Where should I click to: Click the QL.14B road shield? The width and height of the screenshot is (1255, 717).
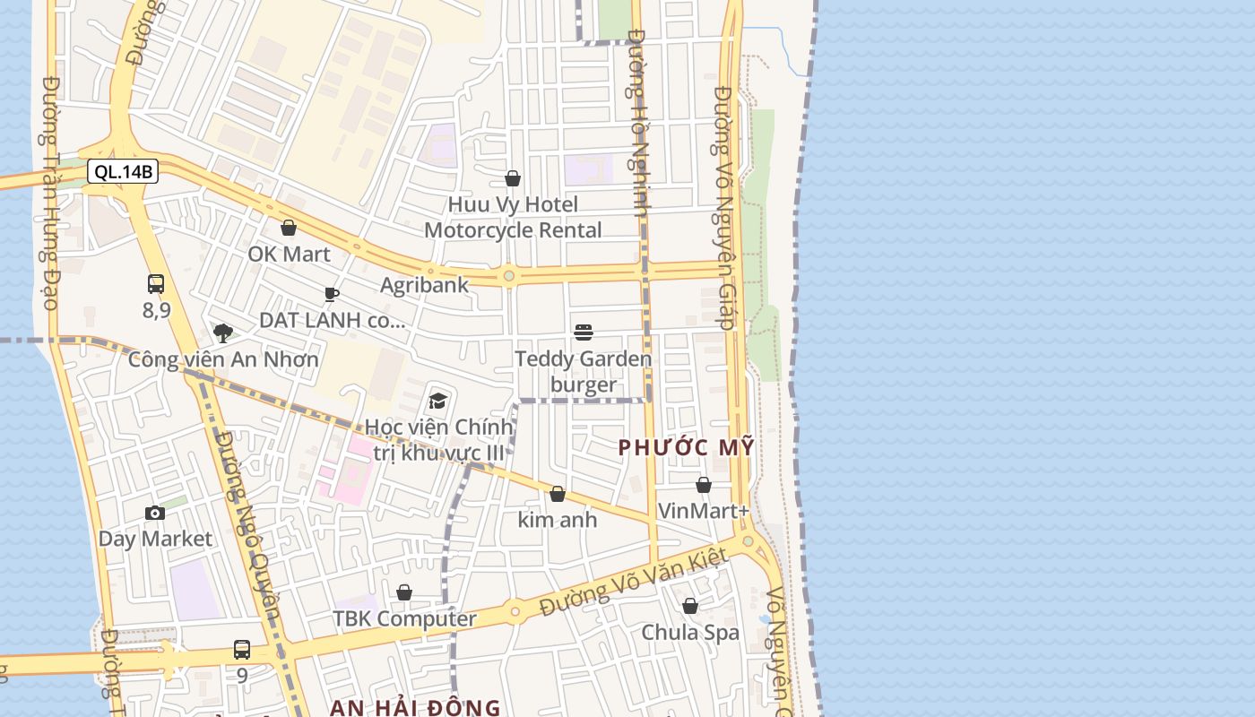pos(123,172)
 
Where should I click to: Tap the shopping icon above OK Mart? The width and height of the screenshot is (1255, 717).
pos(289,229)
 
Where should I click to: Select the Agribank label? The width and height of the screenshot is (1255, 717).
pos(424,285)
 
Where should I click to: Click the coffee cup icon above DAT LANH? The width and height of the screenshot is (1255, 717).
pos(332,294)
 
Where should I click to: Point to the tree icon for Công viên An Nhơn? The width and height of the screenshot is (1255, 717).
pos(223,333)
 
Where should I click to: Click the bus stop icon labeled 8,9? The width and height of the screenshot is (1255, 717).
pos(156,285)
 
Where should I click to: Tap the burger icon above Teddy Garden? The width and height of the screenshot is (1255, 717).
pos(584,333)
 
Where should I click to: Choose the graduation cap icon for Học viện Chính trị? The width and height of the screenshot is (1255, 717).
pos(437,401)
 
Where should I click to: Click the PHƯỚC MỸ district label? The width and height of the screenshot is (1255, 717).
pos(688,447)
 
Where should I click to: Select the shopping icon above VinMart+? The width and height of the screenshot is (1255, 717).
pos(704,485)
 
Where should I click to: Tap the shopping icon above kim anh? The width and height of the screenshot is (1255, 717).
pos(558,494)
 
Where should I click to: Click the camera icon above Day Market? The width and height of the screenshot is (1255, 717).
pos(155,514)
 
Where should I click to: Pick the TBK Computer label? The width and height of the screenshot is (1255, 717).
pos(404,618)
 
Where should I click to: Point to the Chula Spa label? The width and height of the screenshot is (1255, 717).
pos(690,632)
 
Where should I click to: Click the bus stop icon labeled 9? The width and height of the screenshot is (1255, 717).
pos(242,650)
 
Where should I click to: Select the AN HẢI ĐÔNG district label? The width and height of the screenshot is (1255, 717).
pos(415,706)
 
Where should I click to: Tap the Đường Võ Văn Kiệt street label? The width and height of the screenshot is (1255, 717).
pos(632,583)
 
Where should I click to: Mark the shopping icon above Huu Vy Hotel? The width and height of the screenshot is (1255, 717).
pos(513,179)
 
